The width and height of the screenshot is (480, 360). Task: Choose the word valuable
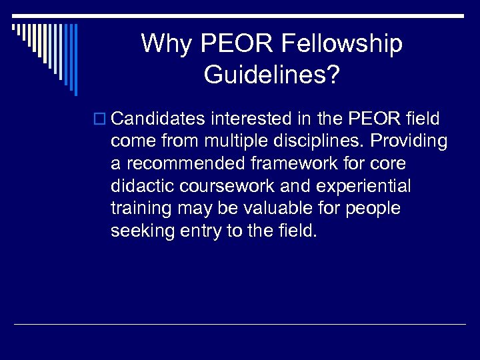coord(276,209)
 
